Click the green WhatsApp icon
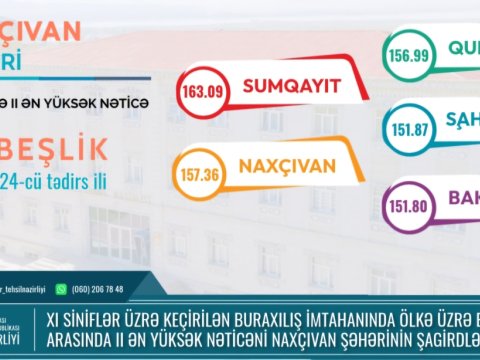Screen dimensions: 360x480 coord(61,290)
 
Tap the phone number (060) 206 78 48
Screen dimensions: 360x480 coord(97,290)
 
